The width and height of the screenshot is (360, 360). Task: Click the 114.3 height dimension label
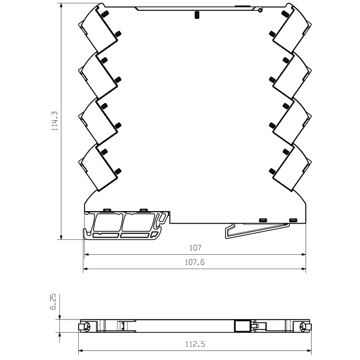pyautogui.click(x=54, y=121)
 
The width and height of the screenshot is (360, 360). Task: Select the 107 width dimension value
pyautogui.click(x=195, y=248)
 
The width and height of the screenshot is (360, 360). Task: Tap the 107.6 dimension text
pyautogui.click(x=195, y=262)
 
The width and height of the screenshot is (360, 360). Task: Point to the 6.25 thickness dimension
pyautogui.click(x=53, y=301)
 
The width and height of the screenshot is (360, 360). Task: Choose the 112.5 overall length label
pyautogui.click(x=195, y=344)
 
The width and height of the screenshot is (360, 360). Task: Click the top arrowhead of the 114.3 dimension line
pyautogui.click(x=61, y=5)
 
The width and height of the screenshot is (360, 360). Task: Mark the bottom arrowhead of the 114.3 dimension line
pyautogui.click(x=61, y=237)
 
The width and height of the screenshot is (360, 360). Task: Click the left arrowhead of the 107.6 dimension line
pyautogui.click(x=85, y=269)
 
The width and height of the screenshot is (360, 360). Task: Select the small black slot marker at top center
pyautogui.click(x=197, y=15)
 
